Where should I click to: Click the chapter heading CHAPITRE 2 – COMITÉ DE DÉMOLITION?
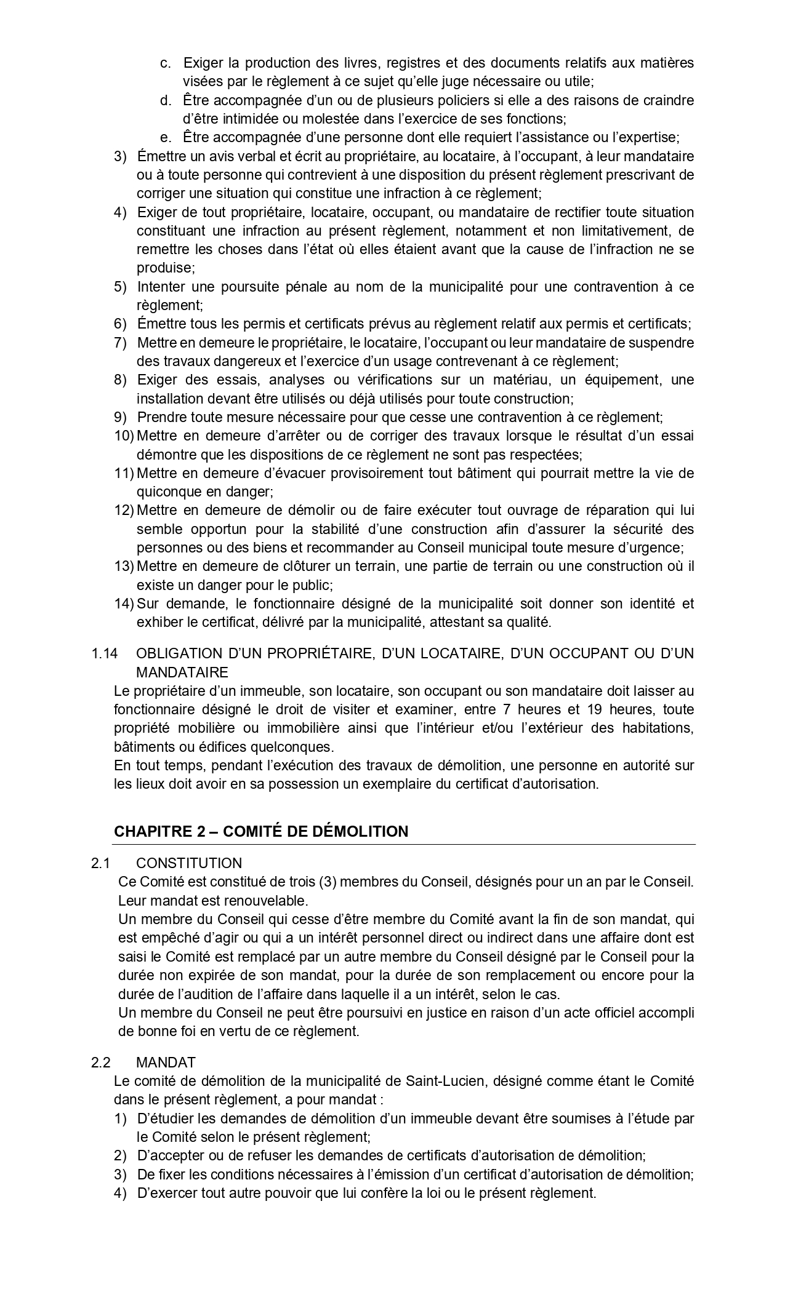[261, 831]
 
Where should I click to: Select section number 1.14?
[104, 653]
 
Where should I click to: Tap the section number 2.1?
[100, 863]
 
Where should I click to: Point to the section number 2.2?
[100, 1063]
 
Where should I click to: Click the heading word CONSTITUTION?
[189, 863]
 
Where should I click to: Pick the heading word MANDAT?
[166, 1063]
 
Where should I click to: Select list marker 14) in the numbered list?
[124, 604]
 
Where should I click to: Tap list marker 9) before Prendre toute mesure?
[120, 417]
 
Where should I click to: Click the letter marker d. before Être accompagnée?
[166, 100]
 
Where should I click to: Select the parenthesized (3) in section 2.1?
[328, 882]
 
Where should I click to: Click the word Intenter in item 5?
[160, 287]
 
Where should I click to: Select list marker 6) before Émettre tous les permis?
[120, 324]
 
